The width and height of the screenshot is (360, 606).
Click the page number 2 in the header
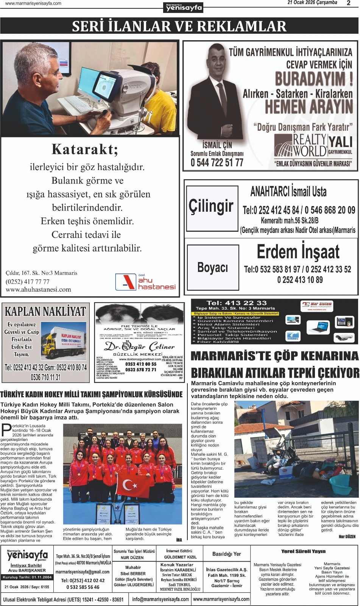(x=348, y=3)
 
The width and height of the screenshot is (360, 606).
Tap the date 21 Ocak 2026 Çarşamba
(x=312, y=3)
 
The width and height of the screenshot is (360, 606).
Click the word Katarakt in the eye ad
(x=85, y=149)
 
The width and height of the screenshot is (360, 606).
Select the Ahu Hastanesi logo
(x=146, y=282)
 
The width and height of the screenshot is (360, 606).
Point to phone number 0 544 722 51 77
(x=217, y=163)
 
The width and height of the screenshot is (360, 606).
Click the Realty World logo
(x=301, y=146)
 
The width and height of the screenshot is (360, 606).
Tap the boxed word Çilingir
(x=211, y=207)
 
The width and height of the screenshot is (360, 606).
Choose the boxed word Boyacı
(x=213, y=268)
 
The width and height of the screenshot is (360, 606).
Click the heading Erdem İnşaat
(x=298, y=252)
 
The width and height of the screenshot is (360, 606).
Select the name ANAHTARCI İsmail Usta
(x=288, y=192)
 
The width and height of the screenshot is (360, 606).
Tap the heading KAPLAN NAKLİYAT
(x=45, y=311)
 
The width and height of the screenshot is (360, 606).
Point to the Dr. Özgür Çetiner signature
(x=140, y=346)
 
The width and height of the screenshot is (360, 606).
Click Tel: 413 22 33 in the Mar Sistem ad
(x=237, y=303)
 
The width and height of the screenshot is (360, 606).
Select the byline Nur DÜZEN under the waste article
(x=347, y=536)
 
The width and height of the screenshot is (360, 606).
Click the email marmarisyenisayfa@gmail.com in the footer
(x=83, y=572)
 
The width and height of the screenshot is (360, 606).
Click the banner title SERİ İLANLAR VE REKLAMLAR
(x=179, y=27)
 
